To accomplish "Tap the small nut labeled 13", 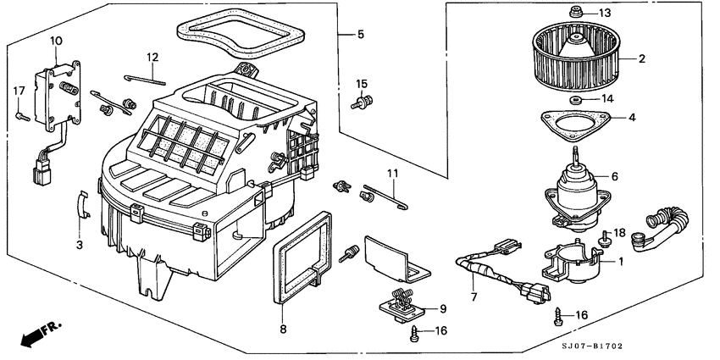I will pos(575,13).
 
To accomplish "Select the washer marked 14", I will pos(576,100).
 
